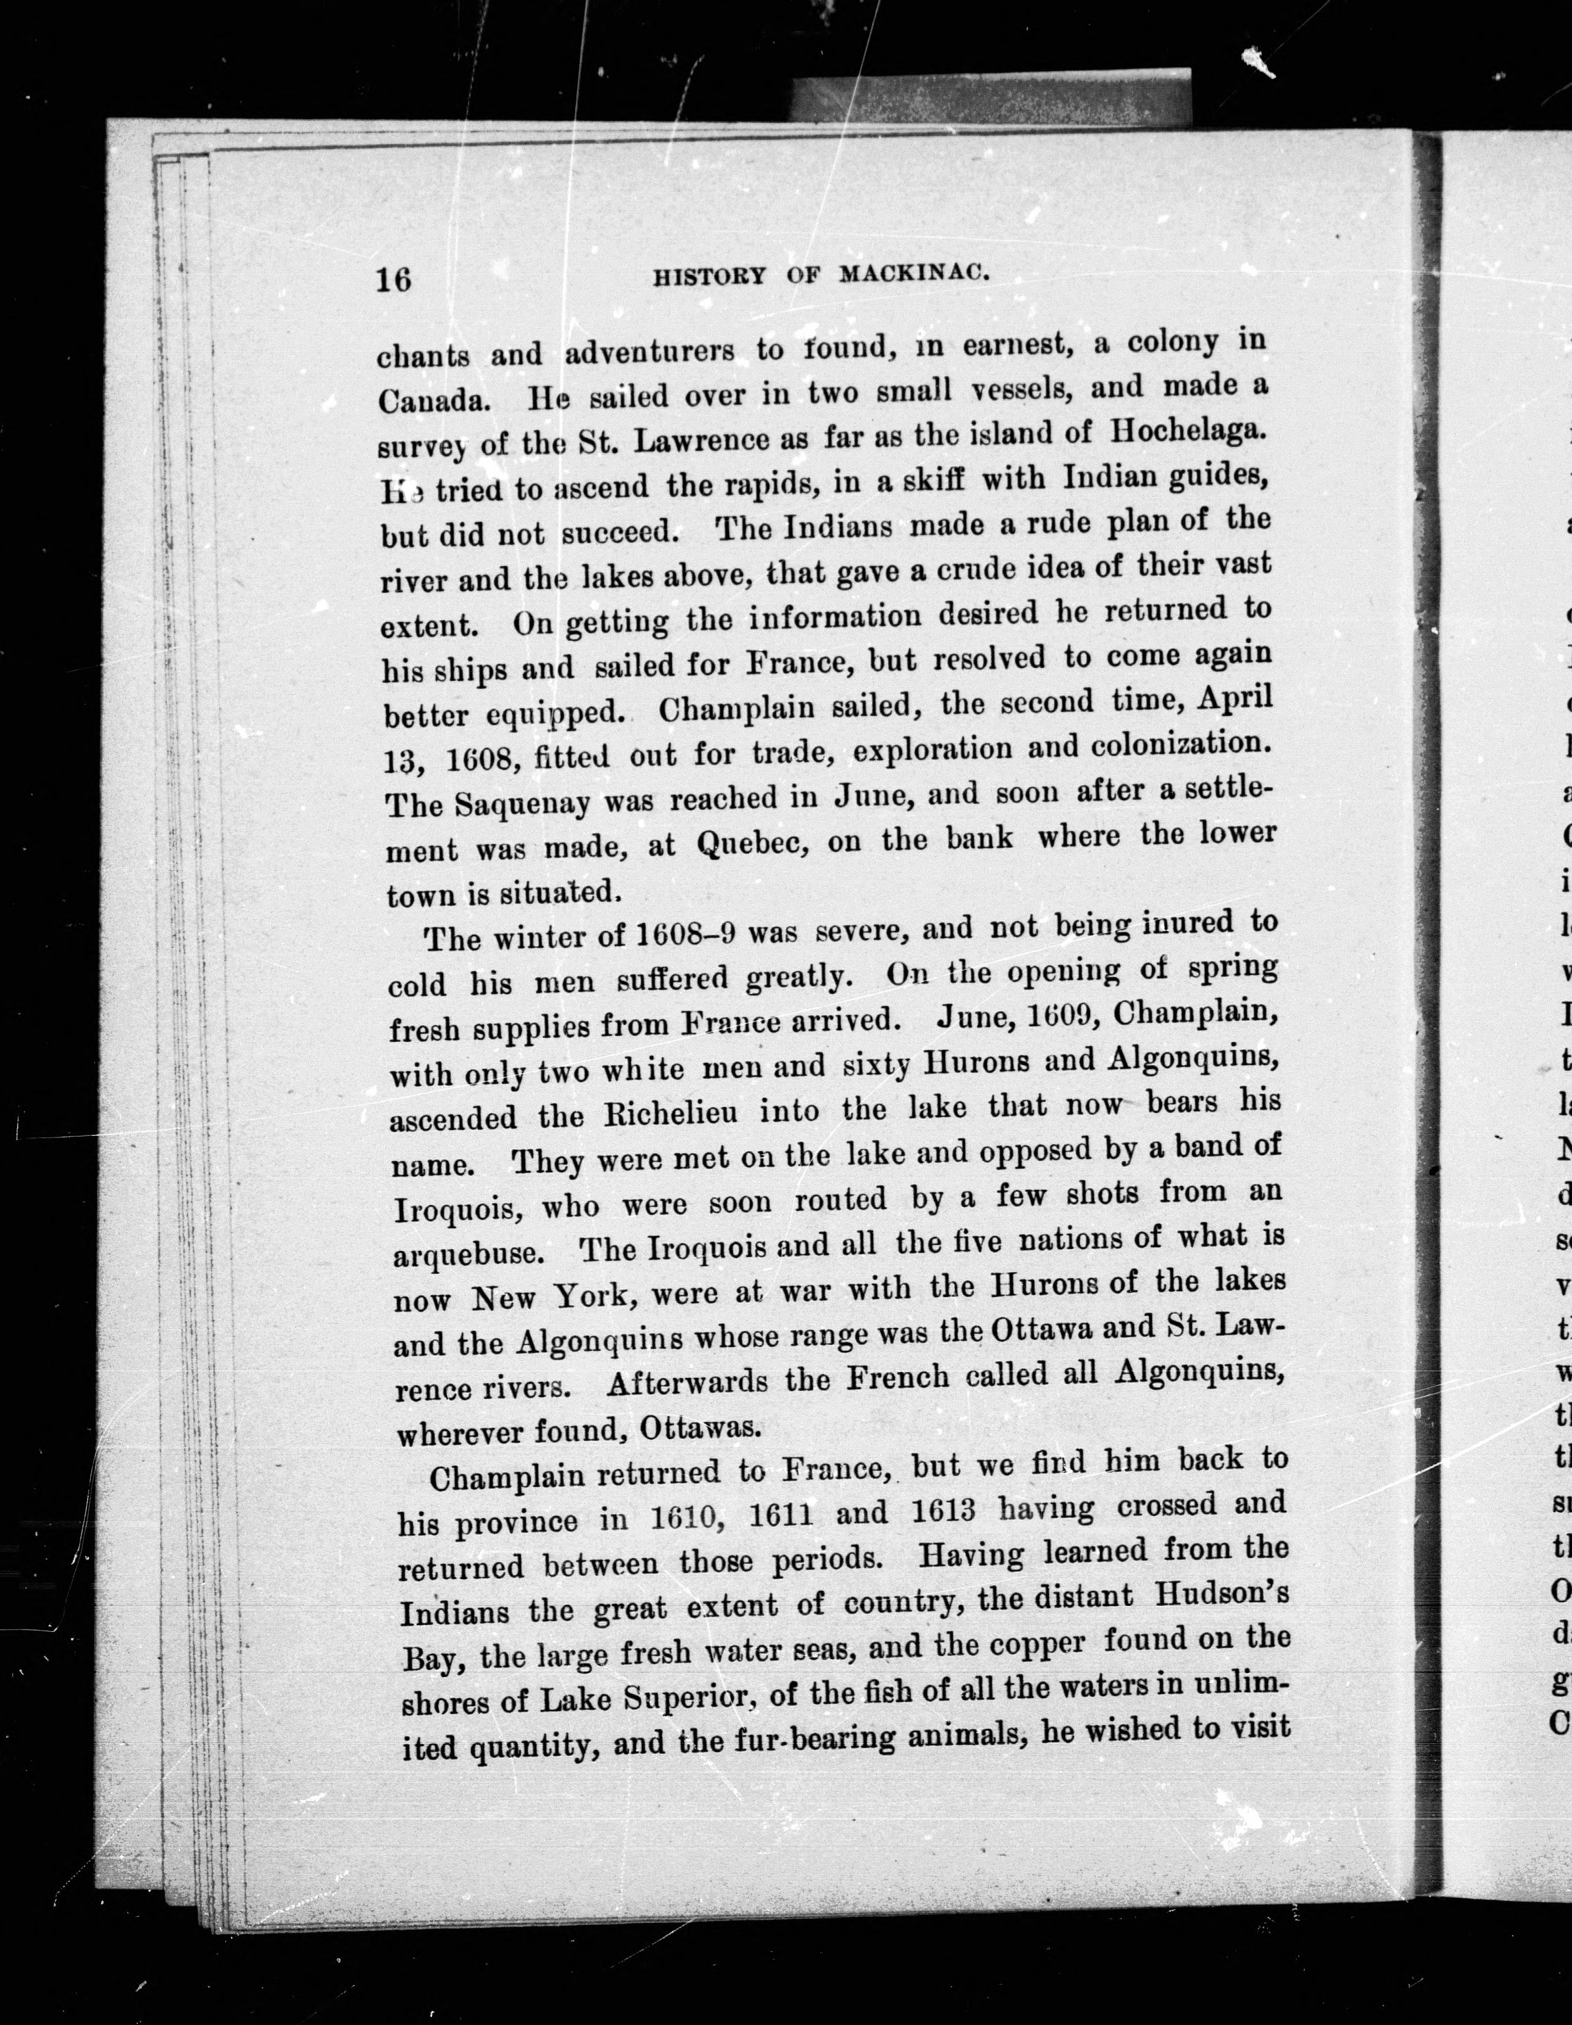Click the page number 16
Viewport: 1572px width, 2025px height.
pyautogui.click(x=393, y=278)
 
